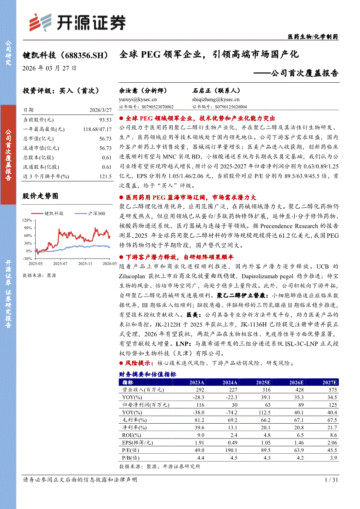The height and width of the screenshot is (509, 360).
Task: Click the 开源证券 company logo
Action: point(77,22)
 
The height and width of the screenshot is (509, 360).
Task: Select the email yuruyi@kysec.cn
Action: point(138,99)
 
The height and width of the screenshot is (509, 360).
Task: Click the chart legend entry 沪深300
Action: point(96,213)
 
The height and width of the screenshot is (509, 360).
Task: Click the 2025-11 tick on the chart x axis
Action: point(85,263)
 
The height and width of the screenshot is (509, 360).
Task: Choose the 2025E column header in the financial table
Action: point(263,382)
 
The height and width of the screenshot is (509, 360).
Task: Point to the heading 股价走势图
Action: point(40,196)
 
